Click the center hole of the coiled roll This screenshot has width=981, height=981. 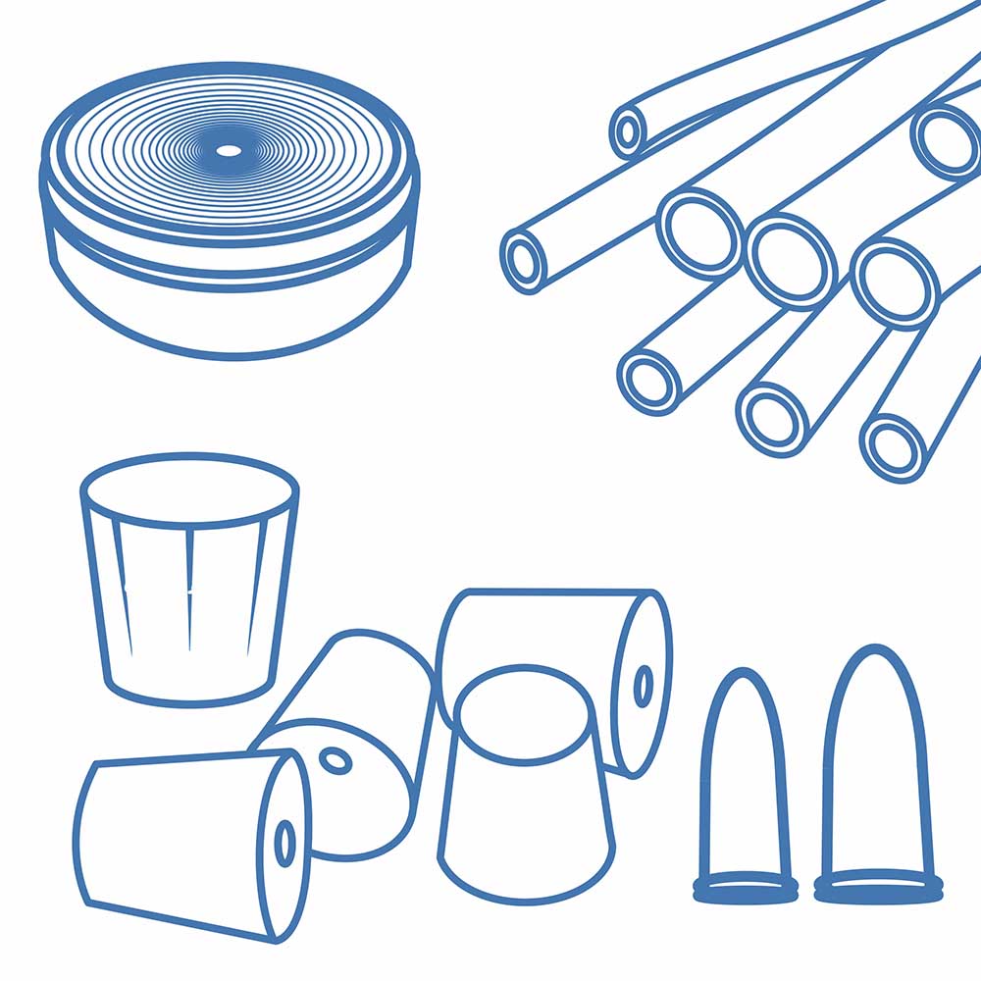(x=228, y=150)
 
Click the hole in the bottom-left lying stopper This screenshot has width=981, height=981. (x=285, y=843)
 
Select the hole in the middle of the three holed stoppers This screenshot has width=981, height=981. (x=336, y=760)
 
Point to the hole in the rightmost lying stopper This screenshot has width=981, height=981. (x=644, y=685)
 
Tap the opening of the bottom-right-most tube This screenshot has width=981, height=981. (x=894, y=446)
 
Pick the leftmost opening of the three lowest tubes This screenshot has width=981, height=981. (x=649, y=378)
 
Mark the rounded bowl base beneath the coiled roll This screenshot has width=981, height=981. (x=231, y=314)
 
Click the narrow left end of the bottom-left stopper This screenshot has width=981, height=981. (x=82, y=834)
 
